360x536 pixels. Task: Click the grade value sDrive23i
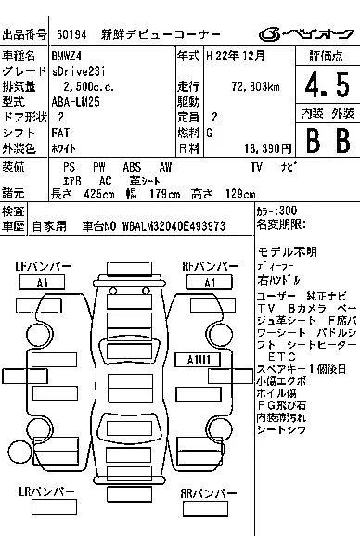[x=84, y=71]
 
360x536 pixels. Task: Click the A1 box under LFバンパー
[x=43, y=282]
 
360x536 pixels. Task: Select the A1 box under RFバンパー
[x=210, y=282]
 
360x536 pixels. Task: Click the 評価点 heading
[x=327, y=56]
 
